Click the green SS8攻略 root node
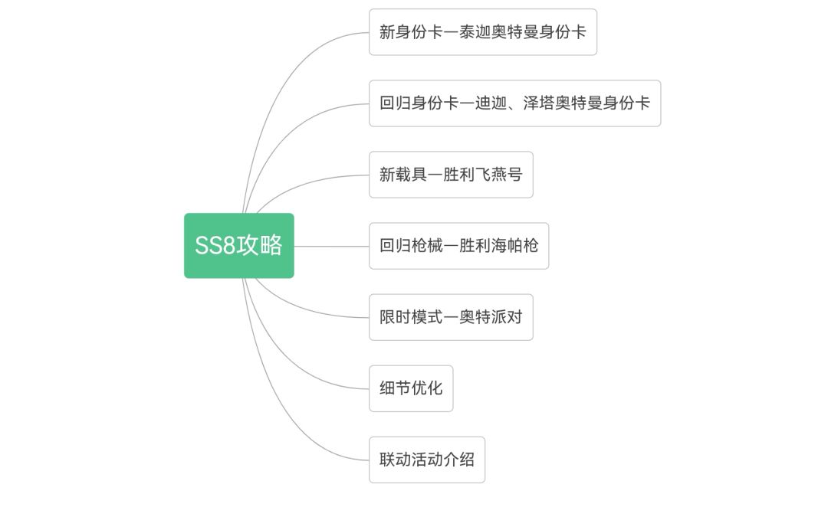(x=238, y=246)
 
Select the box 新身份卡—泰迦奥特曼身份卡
(x=482, y=32)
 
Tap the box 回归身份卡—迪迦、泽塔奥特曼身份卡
(x=514, y=103)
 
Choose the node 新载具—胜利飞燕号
(x=451, y=175)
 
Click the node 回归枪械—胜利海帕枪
(x=458, y=246)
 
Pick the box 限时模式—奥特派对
(x=451, y=317)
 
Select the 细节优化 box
(x=411, y=388)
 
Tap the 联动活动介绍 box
(x=427, y=460)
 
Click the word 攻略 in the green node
(x=260, y=246)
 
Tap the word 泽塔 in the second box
(x=539, y=103)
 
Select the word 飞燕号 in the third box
(x=498, y=175)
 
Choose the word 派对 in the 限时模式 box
(x=507, y=317)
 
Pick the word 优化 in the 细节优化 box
(x=427, y=388)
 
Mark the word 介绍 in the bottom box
(x=459, y=460)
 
